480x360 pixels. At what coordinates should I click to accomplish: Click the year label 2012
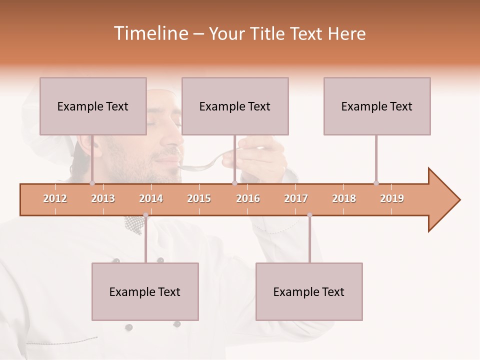coord(55,198)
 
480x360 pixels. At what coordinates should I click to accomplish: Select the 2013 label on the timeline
coord(103,198)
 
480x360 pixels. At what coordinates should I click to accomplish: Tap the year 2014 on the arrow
coord(151,198)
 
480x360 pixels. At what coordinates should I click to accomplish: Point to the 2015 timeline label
coord(199,198)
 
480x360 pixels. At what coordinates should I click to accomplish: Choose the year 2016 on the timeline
coord(248,198)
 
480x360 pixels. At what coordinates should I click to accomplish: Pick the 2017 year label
coord(296,198)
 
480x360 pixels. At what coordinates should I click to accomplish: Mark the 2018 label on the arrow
coord(344,198)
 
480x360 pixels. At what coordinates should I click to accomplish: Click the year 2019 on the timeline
coord(392,198)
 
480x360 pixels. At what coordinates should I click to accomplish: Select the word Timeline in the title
coord(150,33)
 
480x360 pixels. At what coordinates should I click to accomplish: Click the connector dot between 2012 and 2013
coord(92,183)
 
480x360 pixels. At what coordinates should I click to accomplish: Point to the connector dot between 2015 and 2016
coord(234,183)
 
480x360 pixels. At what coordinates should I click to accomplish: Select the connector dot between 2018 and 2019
coord(376,183)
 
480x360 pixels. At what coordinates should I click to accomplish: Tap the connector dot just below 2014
coord(145,215)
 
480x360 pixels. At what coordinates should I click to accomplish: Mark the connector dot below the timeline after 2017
coord(309,215)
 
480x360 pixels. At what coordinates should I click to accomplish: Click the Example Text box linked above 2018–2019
coord(377,106)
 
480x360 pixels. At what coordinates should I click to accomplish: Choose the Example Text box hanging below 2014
coord(145,291)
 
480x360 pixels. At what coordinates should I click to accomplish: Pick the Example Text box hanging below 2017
coord(309,291)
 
